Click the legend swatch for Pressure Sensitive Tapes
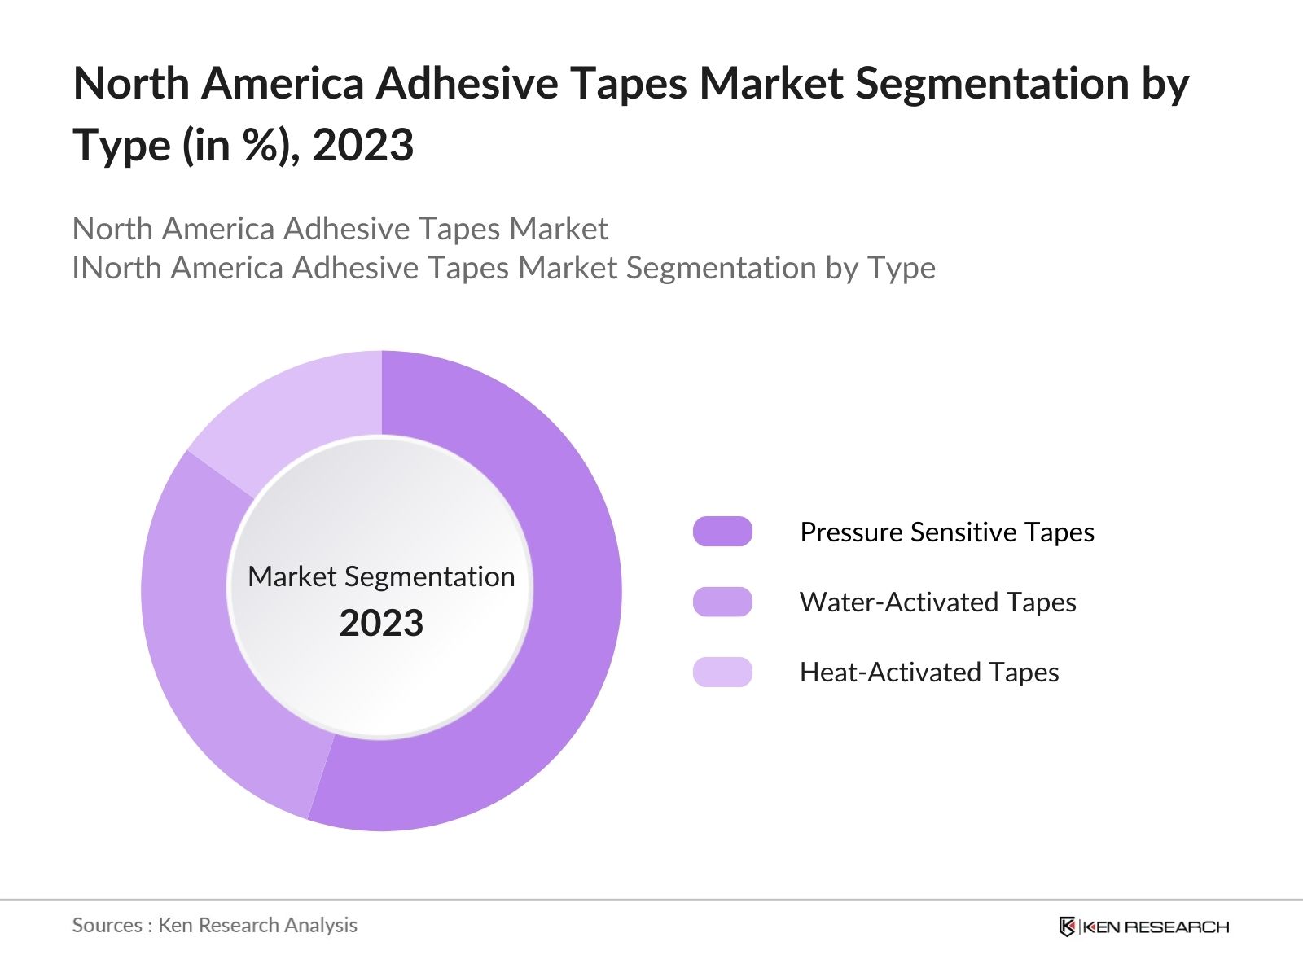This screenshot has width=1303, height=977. pyautogui.click(x=722, y=532)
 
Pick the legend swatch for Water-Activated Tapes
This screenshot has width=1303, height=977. pyautogui.click(x=722, y=602)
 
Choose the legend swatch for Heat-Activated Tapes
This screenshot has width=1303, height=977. pyautogui.click(x=722, y=672)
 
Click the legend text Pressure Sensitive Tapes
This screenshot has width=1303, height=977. pyautogui.click(x=946, y=532)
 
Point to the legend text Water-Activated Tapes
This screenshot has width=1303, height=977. pyautogui.click(x=937, y=602)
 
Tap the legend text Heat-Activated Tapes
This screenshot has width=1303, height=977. pyautogui.click(x=929, y=672)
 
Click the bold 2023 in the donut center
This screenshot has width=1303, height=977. pyautogui.click(x=381, y=623)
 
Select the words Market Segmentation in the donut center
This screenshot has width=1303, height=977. pyautogui.click(x=381, y=576)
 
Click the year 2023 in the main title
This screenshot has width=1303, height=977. pyautogui.click(x=363, y=146)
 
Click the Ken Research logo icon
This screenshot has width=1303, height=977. pyautogui.click(x=1067, y=927)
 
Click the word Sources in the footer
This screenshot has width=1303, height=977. pyautogui.click(x=107, y=925)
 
